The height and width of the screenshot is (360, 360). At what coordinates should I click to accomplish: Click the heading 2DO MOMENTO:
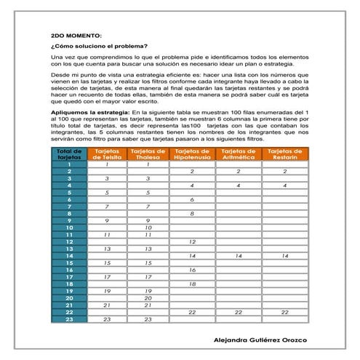(77, 35)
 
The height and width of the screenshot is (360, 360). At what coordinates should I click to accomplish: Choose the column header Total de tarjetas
(69, 153)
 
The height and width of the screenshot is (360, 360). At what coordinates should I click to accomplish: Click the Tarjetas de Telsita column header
(107, 153)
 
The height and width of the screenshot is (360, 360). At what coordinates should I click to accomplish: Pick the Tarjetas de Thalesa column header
(148, 153)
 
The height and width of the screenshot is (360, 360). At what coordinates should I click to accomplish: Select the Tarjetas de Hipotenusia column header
(193, 153)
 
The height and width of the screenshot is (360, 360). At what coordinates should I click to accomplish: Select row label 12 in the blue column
(69, 241)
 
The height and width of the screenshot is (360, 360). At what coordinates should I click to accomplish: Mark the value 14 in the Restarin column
(285, 256)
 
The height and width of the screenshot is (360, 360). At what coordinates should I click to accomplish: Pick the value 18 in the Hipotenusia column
(193, 284)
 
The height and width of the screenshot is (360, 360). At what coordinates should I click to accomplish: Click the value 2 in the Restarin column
(285, 171)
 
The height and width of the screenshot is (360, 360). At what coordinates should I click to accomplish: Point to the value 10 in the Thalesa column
(148, 228)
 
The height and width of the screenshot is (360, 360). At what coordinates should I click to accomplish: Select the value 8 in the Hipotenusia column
(193, 213)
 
